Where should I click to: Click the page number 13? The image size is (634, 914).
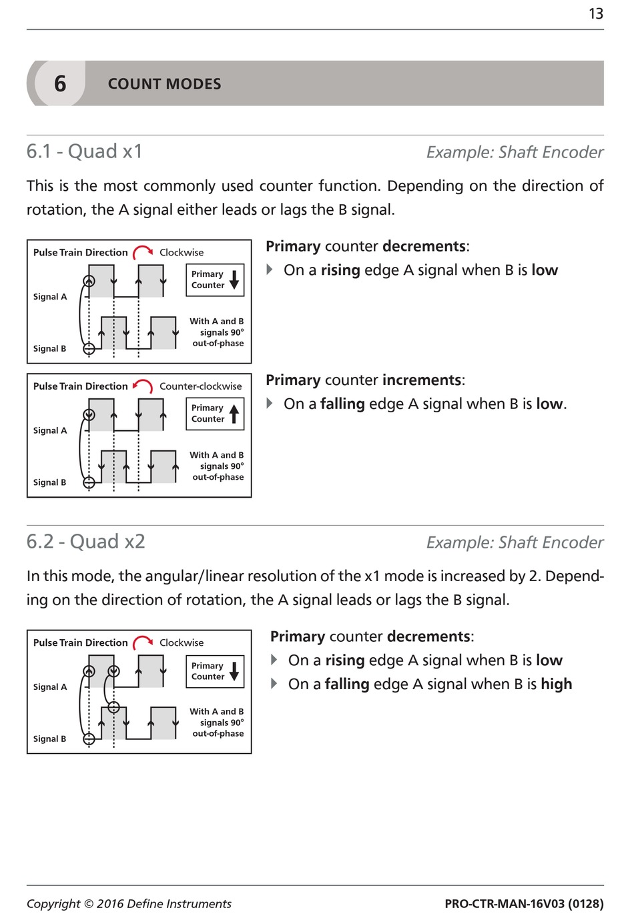595,14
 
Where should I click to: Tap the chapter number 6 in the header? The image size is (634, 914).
60,84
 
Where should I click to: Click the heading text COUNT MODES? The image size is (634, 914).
164,84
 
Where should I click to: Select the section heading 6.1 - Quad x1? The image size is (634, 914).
85,151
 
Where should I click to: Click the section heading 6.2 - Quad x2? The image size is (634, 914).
86,541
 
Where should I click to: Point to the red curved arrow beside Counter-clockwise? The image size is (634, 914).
143,386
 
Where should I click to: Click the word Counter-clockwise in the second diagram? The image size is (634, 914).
200,386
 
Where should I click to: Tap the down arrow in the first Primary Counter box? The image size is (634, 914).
234,280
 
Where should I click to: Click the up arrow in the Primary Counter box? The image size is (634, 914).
234,414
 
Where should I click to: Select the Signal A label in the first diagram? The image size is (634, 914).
50,297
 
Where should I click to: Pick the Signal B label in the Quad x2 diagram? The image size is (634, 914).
50,739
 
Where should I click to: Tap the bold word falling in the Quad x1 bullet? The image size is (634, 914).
342,404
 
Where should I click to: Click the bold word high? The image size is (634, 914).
557,684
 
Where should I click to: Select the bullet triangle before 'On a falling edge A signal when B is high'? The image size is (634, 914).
274,684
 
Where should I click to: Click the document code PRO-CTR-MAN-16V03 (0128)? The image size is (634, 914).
524,904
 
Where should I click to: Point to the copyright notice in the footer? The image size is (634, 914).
129,904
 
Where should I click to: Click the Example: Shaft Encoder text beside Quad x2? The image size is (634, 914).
515,542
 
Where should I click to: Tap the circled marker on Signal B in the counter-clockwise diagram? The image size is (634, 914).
89,482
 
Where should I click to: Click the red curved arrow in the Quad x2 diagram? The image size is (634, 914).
143,643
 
